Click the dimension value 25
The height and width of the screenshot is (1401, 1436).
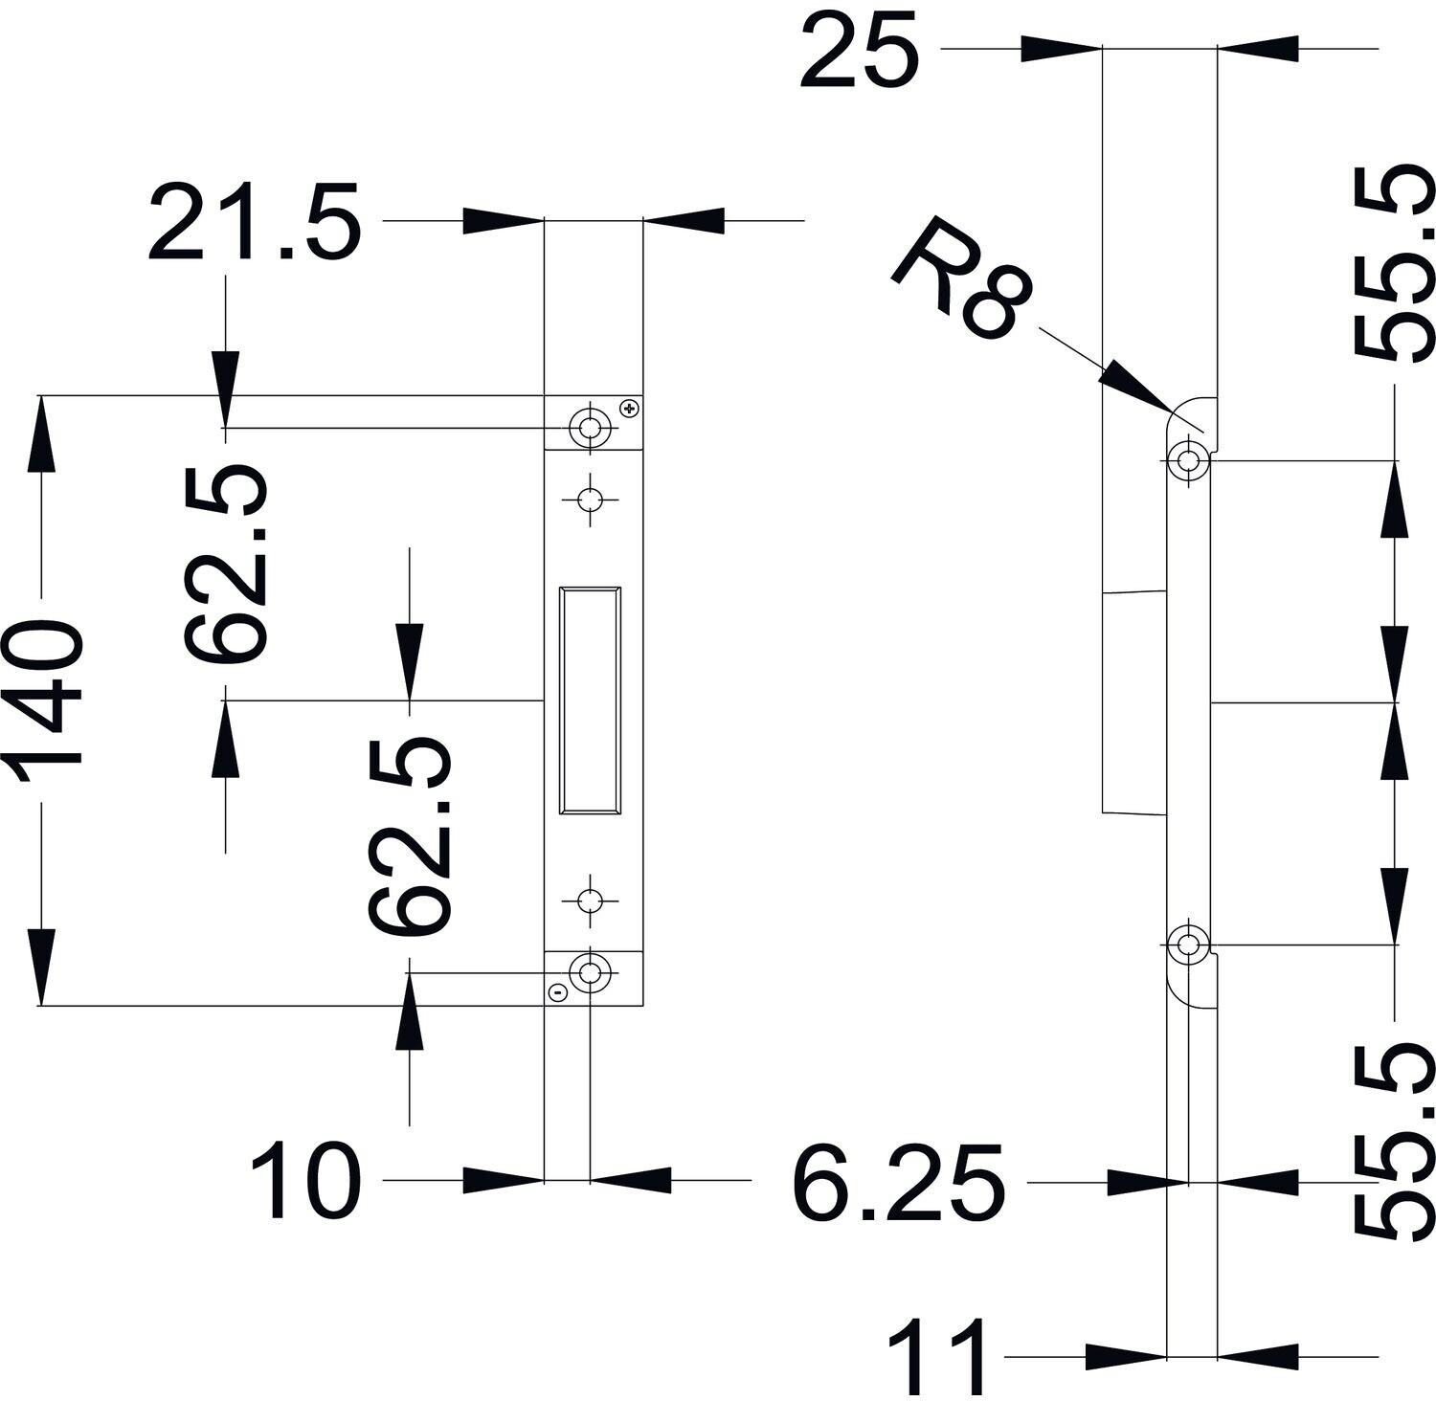pyautogui.click(x=859, y=49)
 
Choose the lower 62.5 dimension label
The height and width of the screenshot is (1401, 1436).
pyautogui.click(x=410, y=834)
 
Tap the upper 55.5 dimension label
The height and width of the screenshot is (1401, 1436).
pyautogui.click(x=1395, y=264)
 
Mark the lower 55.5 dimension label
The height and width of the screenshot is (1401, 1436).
pyautogui.click(x=1395, y=1144)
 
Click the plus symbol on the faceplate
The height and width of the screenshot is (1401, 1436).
pyautogui.click(x=629, y=409)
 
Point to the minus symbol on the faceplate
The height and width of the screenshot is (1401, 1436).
pyautogui.click(x=559, y=993)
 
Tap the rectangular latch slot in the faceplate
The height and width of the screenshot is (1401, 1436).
pyautogui.click(x=590, y=700)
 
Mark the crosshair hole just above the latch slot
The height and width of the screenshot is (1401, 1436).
pyautogui.click(x=590, y=499)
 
